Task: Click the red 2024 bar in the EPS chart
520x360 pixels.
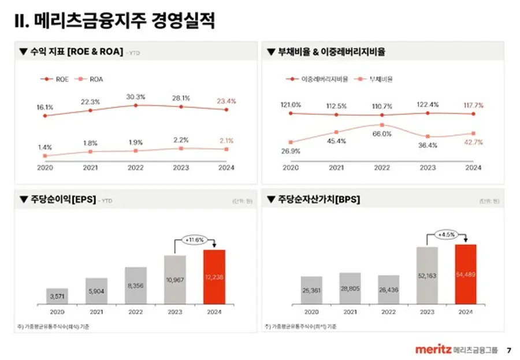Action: coord(214,277)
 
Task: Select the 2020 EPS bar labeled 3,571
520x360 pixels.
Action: coord(57,296)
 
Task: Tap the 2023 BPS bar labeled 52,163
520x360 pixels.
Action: coord(427,275)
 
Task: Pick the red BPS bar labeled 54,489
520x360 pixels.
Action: coord(466,274)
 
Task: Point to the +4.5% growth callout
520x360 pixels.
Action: coord(447,235)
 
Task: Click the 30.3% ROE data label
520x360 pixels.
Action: coord(136,97)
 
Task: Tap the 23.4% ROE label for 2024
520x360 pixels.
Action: coord(226,101)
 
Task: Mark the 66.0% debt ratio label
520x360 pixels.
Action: coord(382,133)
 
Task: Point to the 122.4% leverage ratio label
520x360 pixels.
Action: coord(428,105)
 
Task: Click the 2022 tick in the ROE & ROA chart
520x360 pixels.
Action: coord(136,168)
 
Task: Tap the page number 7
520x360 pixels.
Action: coord(508,350)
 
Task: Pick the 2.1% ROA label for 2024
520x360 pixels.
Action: coord(226,140)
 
